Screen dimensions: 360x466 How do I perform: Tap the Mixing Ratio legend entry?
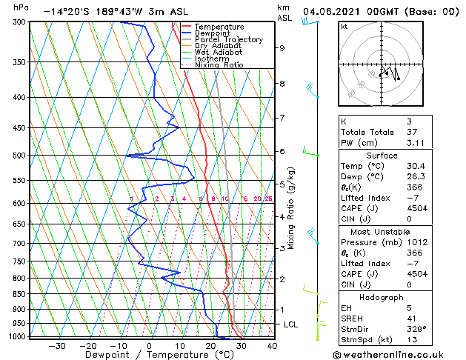coord(220,64)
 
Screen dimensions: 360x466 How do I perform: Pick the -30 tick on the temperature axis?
coord(57,345)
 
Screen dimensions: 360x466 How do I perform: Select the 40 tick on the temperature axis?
coord(272,345)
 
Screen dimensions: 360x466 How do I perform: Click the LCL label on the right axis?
coord(291,324)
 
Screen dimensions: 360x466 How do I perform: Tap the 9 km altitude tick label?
coord(282,48)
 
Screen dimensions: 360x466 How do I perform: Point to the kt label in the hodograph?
coord(344,27)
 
